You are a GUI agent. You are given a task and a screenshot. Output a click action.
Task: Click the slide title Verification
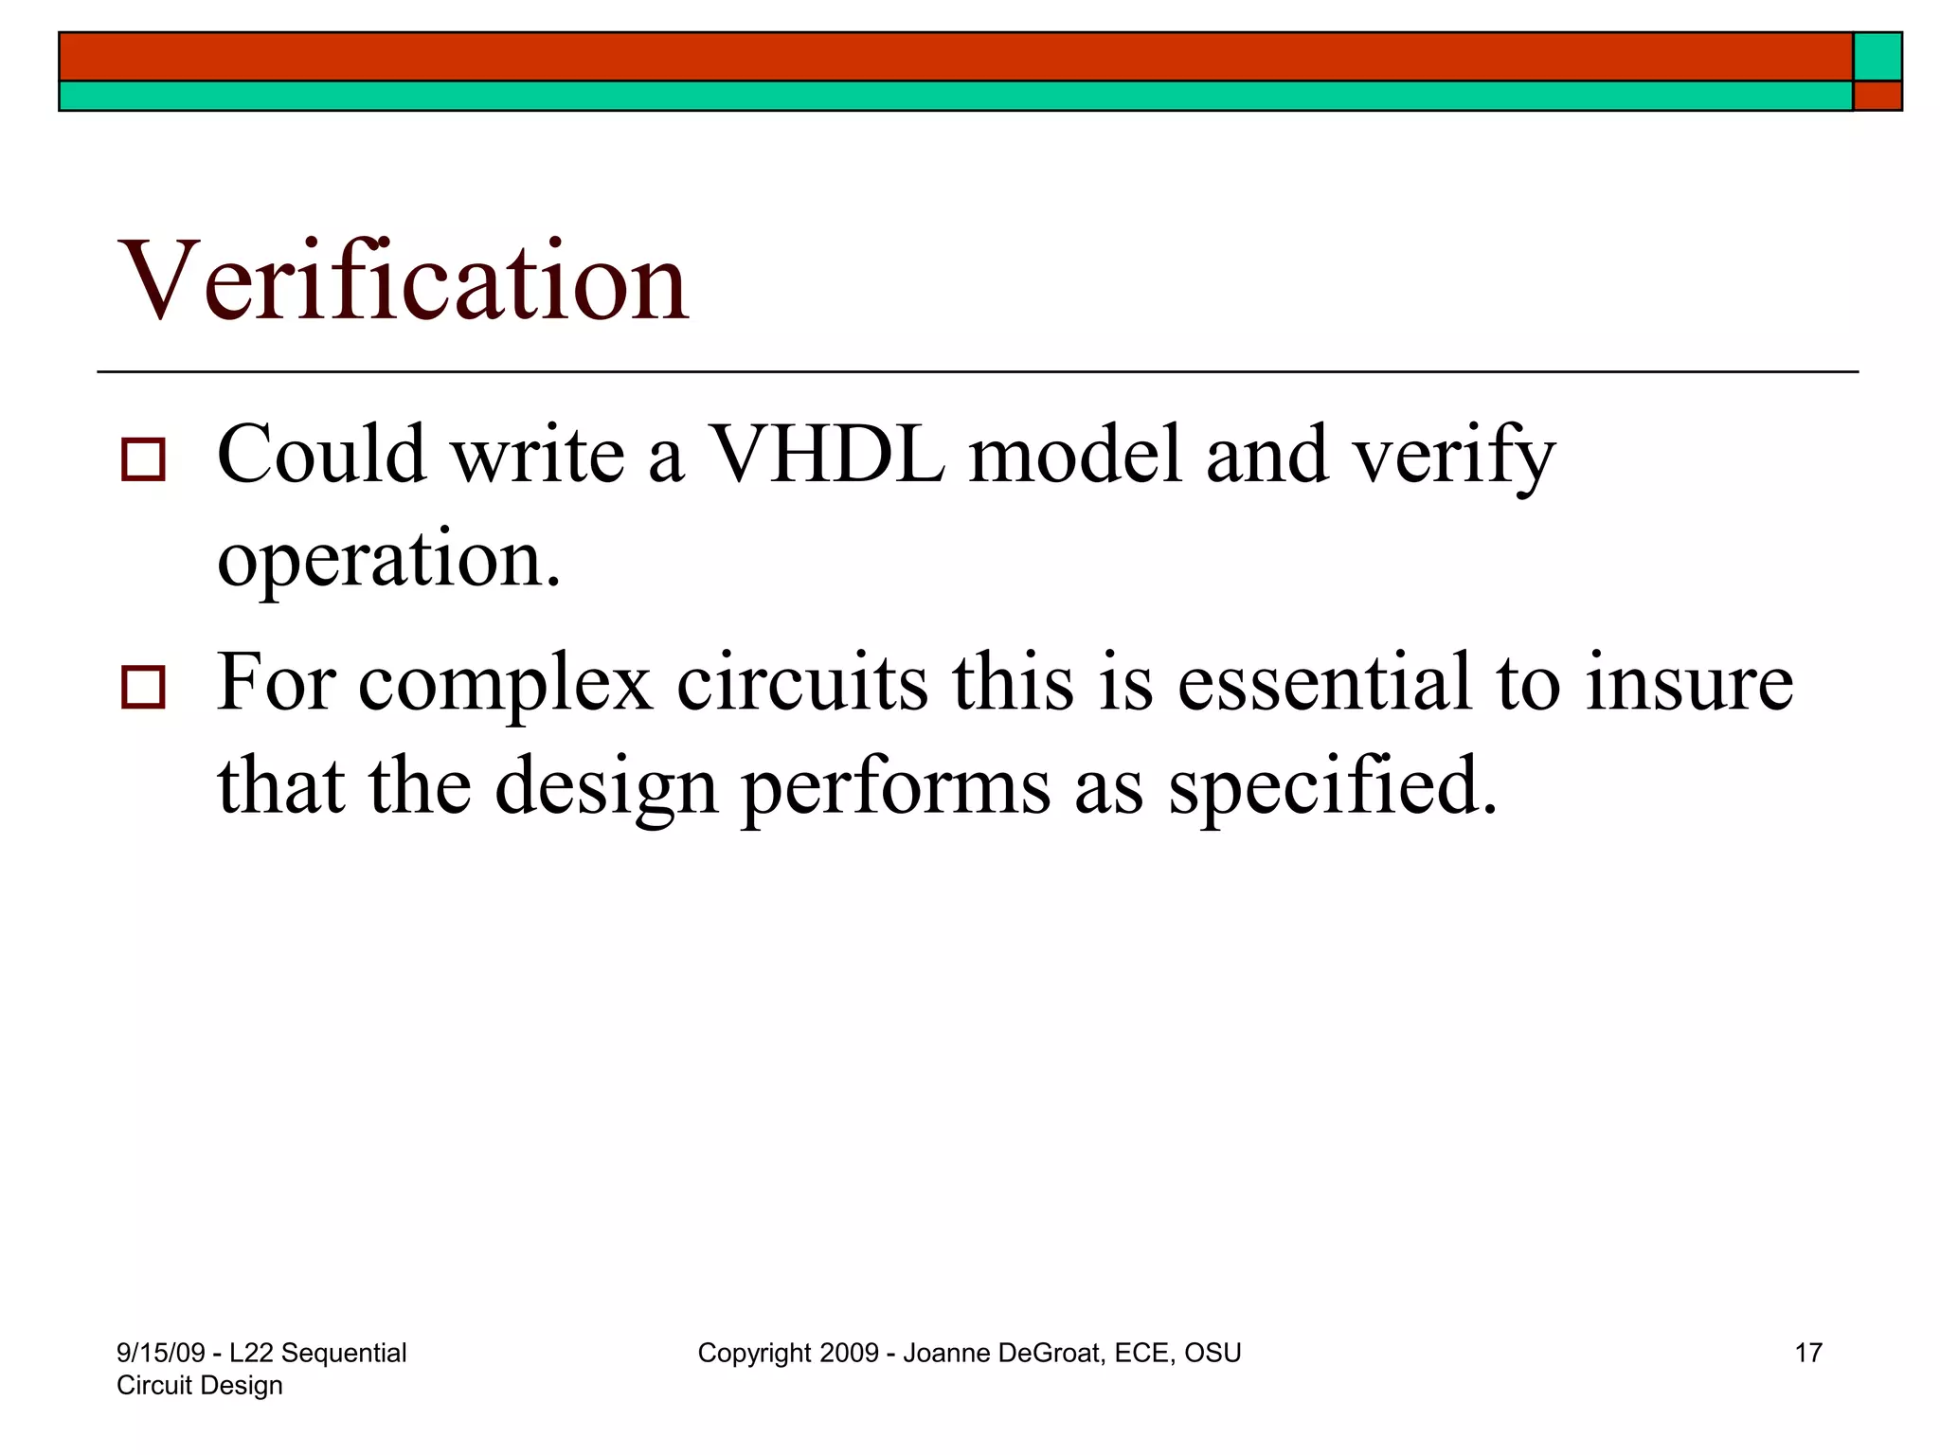tap(404, 281)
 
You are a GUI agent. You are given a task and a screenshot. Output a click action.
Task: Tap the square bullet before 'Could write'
tap(143, 459)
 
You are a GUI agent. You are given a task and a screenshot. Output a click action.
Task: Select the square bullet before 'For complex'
tap(143, 688)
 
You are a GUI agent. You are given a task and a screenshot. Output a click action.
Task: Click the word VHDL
tap(826, 455)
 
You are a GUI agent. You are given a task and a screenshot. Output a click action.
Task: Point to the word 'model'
tap(1075, 455)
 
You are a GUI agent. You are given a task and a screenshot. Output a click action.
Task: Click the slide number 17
tap(1807, 1353)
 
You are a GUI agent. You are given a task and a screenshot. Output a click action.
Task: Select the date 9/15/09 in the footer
tap(160, 1353)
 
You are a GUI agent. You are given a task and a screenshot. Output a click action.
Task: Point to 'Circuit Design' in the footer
tap(200, 1385)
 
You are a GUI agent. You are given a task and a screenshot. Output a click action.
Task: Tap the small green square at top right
tap(1877, 56)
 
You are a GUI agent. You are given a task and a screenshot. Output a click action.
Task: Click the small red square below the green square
tap(1877, 96)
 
